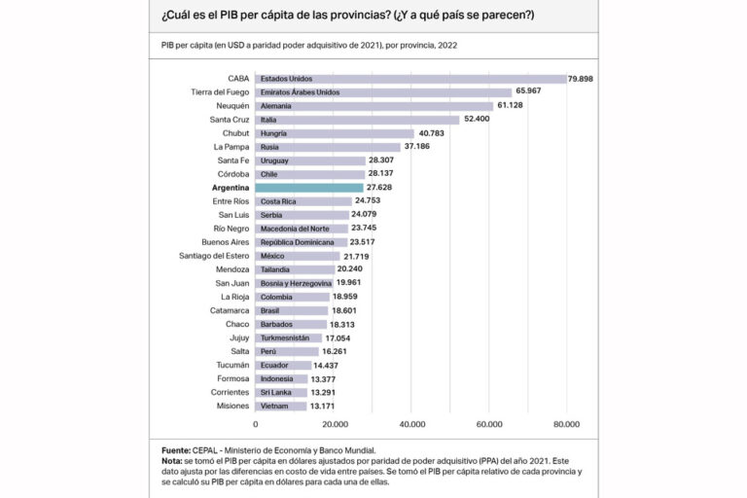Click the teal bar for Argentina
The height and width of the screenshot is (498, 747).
coord(309,187)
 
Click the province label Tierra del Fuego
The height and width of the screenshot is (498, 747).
coord(221,91)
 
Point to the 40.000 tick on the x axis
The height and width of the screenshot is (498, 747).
coord(411,424)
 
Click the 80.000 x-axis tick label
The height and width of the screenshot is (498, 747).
coord(566,424)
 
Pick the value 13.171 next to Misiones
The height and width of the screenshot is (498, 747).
coord(326,406)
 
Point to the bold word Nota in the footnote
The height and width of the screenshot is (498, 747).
coord(173,461)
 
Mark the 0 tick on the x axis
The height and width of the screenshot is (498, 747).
coord(256,424)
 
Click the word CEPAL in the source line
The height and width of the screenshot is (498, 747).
coord(209,451)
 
